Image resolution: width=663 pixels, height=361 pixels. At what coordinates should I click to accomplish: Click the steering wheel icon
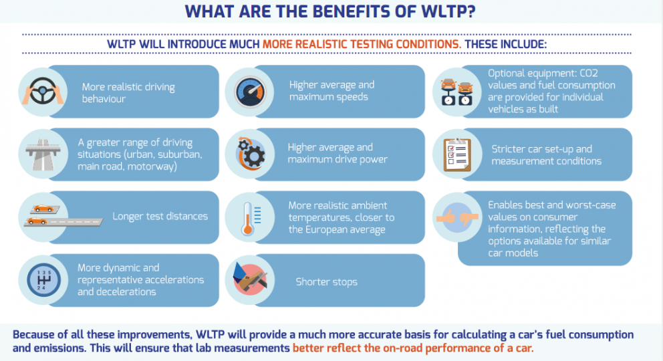(x=43, y=92)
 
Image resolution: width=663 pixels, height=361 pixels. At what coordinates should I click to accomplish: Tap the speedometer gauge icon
(x=250, y=92)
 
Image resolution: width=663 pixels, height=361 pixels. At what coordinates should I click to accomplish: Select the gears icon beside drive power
(x=251, y=154)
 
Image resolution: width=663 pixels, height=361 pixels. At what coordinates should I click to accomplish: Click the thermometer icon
(x=250, y=219)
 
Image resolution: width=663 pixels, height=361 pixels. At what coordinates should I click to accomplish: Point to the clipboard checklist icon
(x=457, y=154)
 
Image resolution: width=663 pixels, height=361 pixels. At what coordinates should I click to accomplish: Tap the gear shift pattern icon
(x=43, y=280)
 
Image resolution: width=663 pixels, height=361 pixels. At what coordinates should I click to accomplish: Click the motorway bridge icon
(x=43, y=154)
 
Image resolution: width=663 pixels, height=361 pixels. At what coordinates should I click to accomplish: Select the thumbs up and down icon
(x=457, y=217)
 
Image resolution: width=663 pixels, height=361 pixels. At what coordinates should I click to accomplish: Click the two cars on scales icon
(x=457, y=92)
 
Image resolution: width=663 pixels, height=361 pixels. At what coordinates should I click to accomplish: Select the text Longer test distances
(x=160, y=217)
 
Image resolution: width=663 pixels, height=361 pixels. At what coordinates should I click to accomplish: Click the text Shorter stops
(x=326, y=282)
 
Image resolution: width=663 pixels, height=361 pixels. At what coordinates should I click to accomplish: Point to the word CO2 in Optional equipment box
(x=589, y=74)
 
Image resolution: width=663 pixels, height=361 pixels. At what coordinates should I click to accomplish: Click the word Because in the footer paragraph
(x=33, y=335)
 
